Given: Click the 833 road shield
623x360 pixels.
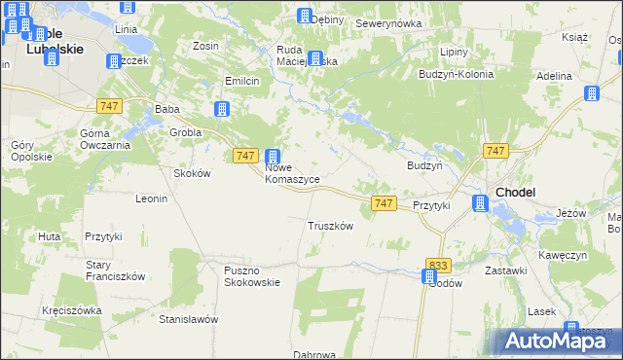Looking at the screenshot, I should [x=439, y=265].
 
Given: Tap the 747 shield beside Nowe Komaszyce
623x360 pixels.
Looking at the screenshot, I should [x=246, y=156].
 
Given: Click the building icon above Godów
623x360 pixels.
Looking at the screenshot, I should [x=429, y=276].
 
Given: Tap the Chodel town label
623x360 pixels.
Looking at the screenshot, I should [x=515, y=193].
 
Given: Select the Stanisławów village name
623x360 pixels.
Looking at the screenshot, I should [x=189, y=319].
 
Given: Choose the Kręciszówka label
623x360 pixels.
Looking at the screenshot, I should [x=72, y=310].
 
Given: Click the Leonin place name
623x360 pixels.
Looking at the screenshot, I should [x=152, y=198].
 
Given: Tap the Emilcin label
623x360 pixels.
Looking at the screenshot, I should [x=241, y=81].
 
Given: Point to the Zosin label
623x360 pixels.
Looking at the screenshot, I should [x=205, y=46].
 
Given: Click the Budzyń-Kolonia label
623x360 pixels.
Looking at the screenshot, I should [x=456, y=74].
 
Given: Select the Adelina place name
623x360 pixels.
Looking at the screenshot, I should [x=554, y=75].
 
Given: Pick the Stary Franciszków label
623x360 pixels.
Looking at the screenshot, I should [x=115, y=270].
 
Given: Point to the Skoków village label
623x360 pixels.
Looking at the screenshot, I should [x=192, y=172].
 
